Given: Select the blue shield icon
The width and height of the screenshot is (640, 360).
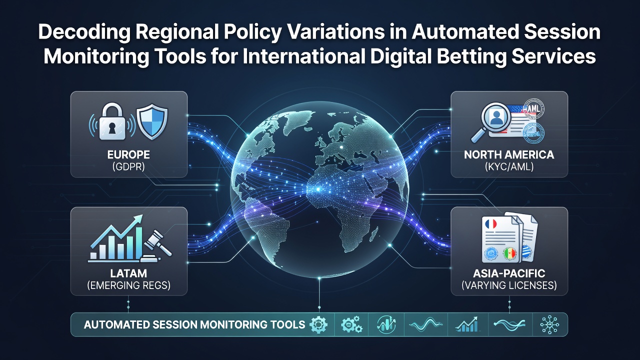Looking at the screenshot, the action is (x=152, y=121).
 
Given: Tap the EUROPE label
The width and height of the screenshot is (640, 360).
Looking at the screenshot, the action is (x=128, y=154).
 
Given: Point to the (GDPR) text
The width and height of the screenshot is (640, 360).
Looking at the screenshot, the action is (x=128, y=166).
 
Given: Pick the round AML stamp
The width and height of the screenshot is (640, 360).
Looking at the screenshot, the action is (x=533, y=109).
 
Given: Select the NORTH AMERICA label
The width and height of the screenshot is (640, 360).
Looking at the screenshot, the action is (x=509, y=154).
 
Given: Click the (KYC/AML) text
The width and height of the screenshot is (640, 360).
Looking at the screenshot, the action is (x=509, y=166).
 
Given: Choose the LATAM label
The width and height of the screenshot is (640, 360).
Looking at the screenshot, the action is (x=128, y=273).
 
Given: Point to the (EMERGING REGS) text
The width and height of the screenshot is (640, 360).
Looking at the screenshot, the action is (x=128, y=285).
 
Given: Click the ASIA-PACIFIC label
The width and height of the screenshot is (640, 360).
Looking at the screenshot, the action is (x=509, y=273).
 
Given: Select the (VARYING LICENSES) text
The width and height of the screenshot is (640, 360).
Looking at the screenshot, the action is (x=509, y=285).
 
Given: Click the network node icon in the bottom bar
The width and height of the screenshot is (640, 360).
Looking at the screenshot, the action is (x=549, y=325).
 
